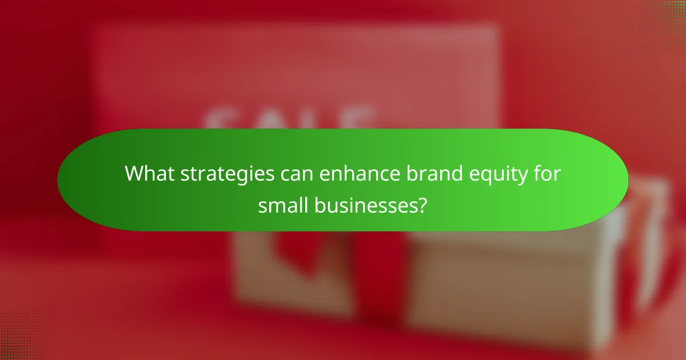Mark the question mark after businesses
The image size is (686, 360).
point(422,205)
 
